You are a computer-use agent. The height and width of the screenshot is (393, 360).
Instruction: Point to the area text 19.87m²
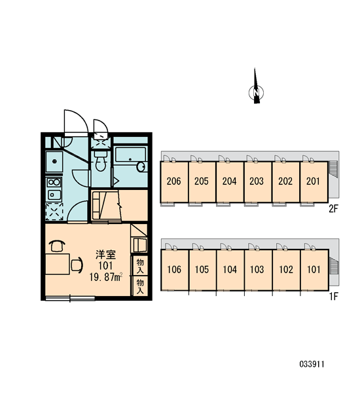[106, 277]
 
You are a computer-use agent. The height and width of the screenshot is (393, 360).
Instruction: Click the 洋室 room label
[106, 255]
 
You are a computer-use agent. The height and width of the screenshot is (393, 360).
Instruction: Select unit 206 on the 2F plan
[174, 181]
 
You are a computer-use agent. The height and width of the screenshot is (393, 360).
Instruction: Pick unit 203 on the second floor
[257, 181]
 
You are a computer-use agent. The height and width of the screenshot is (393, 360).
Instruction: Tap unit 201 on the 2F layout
[314, 181]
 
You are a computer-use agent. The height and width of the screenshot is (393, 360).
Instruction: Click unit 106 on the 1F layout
[174, 270]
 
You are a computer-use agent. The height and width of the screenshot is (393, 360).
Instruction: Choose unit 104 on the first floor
[230, 270]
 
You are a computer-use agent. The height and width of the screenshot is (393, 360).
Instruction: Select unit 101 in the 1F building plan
[314, 270]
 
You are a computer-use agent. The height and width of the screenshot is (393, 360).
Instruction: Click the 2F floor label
[333, 208]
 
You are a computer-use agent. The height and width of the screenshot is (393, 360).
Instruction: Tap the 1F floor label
[334, 297]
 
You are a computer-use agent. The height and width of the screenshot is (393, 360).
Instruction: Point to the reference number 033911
[312, 364]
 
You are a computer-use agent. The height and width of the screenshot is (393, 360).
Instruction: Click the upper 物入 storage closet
[140, 266]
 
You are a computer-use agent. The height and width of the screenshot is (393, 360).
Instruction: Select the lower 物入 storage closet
[140, 286]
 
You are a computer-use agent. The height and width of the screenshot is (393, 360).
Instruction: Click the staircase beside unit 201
[333, 169]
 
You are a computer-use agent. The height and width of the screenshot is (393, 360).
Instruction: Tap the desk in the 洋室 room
[58, 264]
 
